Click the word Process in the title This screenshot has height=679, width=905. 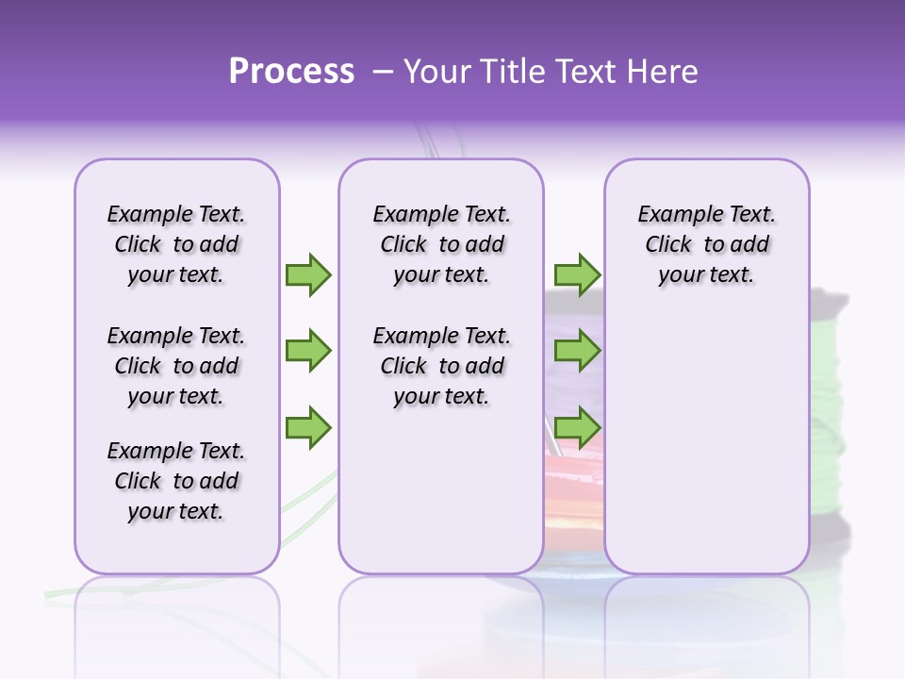(291, 72)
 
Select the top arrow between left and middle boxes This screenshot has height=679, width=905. (308, 274)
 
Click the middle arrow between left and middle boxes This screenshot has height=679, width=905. (308, 351)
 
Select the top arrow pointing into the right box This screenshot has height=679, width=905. (577, 274)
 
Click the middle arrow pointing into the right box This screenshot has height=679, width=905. (577, 351)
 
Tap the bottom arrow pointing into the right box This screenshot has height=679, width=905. (577, 427)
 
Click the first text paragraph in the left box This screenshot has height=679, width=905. (176, 244)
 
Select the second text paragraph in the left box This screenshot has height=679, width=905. (176, 366)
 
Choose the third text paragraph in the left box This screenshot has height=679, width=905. (176, 481)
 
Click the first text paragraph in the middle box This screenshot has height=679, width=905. (441, 244)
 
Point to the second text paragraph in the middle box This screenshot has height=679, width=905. (441, 366)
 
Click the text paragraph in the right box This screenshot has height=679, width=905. (706, 244)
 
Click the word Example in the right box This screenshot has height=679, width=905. (674, 215)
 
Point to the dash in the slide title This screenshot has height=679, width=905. (382, 72)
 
